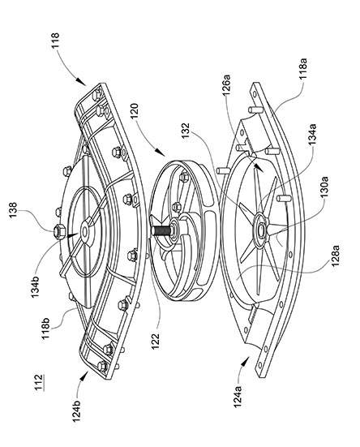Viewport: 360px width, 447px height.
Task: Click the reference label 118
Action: coord(55,41)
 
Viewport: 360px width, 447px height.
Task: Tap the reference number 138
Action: coord(13,210)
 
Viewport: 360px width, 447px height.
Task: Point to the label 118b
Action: coord(46,329)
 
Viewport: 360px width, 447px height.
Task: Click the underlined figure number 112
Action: coord(38,382)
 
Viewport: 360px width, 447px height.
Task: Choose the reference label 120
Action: coord(134,111)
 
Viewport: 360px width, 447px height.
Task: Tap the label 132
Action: coord(186,131)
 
